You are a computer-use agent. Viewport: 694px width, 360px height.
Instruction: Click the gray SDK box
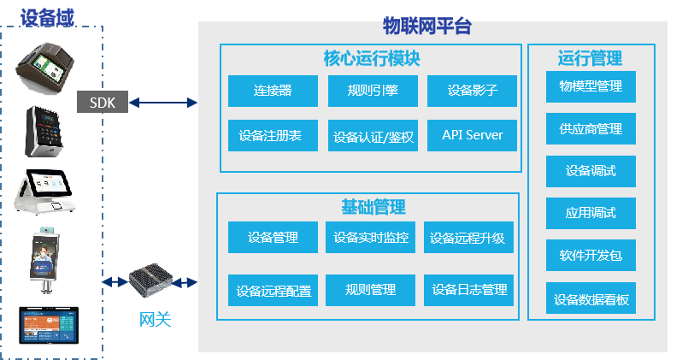103,102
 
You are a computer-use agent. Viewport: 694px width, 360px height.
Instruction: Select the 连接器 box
273,91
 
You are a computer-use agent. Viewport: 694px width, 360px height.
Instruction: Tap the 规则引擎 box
373,91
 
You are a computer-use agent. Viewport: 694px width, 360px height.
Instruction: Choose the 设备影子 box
472,91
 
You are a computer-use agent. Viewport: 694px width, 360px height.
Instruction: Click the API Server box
472,135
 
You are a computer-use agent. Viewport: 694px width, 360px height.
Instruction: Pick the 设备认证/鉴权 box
373,135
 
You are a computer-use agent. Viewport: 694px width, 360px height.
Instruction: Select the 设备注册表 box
273,135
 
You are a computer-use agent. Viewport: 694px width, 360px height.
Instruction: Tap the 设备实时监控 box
370,238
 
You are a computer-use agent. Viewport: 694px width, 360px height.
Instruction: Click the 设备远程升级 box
468,238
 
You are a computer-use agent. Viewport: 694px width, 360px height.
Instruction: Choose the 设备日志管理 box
468,290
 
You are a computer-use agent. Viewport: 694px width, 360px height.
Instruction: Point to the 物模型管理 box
591,86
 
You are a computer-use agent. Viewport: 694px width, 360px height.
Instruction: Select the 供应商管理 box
591,129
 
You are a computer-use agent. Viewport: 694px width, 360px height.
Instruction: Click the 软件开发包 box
591,256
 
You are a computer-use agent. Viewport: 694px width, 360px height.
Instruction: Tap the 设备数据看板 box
591,298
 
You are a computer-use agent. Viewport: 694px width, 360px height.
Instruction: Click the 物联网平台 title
427,26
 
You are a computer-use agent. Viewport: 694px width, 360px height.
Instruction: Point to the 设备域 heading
47,19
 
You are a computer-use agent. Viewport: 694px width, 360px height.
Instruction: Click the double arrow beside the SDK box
163,103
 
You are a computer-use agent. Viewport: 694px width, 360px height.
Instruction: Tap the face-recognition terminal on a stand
44,260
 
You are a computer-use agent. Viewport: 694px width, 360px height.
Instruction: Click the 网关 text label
155,319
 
